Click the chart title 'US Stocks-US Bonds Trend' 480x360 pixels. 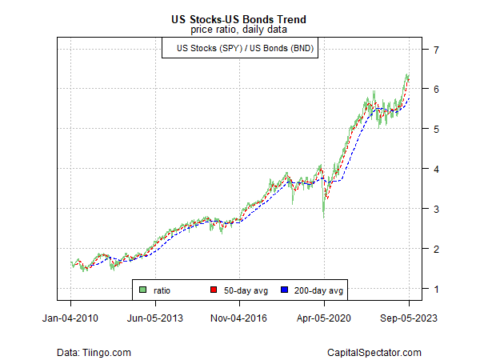pyautogui.click(x=239, y=18)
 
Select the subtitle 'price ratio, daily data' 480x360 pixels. pyautogui.click(x=239, y=30)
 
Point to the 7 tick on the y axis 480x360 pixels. pyautogui.click(x=435, y=50)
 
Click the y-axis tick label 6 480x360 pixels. pyautogui.click(x=435, y=90)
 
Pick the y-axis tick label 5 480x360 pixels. pyautogui.click(x=435, y=129)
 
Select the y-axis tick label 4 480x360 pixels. pyautogui.click(x=435, y=169)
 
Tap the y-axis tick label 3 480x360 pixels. pyautogui.click(x=435, y=209)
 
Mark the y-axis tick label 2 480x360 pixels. pyautogui.click(x=435, y=249)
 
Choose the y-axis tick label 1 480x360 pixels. pyautogui.click(x=435, y=289)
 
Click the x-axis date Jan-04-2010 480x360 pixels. pyautogui.click(x=70, y=317)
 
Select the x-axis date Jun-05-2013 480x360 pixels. pyautogui.click(x=155, y=317)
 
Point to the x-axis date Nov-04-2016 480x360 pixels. pyautogui.click(x=240, y=317)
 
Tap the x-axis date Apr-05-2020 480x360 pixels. pyautogui.click(x=324, y=317)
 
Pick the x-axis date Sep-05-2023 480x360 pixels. pyautogui.click(x=408, y=317)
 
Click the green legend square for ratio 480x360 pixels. pyautogui.click(x=143, y=289)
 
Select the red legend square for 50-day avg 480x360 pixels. pyautogui.click(x=213, y=289)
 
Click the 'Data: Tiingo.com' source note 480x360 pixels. pyautogui.click(x=94, y=352)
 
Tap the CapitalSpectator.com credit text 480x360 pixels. pyautogui.click(x=374, y=352)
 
